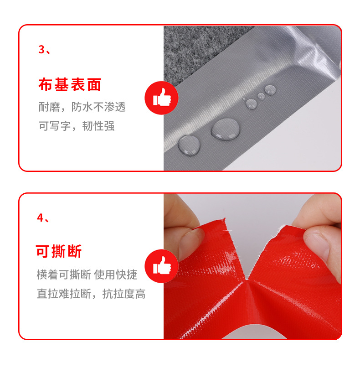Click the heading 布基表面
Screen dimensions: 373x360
[x=69, y=85]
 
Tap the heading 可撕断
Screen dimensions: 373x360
[x=59, y=251]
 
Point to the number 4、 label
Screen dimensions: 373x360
[x=43, y=218]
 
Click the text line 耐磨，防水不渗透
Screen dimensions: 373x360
[x=82, y=108]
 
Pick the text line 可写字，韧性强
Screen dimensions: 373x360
[x=76, y=126]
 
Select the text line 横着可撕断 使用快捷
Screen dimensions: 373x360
[x=87, y=275]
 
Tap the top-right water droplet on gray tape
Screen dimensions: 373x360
[x=270, y=89]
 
